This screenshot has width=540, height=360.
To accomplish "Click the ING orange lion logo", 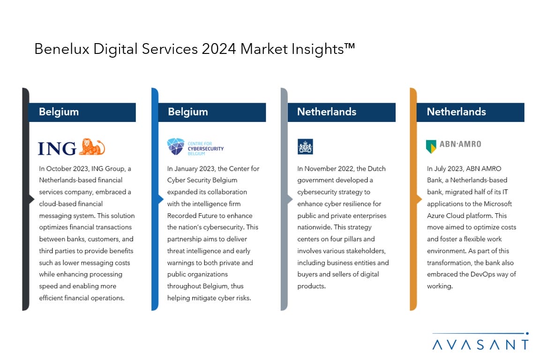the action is point(92,147).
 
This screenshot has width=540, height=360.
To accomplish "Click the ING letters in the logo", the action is point(57,149).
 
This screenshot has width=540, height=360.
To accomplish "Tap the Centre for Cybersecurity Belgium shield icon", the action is point(176,146).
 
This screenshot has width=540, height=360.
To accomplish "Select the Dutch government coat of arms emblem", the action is point(305,146).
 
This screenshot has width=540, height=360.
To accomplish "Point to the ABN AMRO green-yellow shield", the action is point(431,146).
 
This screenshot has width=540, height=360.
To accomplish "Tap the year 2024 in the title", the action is point(219,49).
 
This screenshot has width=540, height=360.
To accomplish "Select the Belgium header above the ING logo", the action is point(59,112).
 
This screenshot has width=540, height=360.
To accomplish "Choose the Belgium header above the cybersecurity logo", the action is point(188,112).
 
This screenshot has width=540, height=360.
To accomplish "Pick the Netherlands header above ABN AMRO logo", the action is point(456,112).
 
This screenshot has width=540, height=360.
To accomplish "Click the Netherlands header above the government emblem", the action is point(327,112).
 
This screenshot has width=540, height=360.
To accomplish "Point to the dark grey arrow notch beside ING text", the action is point(32,199).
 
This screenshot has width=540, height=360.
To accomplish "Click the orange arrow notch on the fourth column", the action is point(420,199).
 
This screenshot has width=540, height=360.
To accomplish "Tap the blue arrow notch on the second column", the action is point(161,199).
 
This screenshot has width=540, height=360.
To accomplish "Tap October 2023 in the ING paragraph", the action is point(67,169).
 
